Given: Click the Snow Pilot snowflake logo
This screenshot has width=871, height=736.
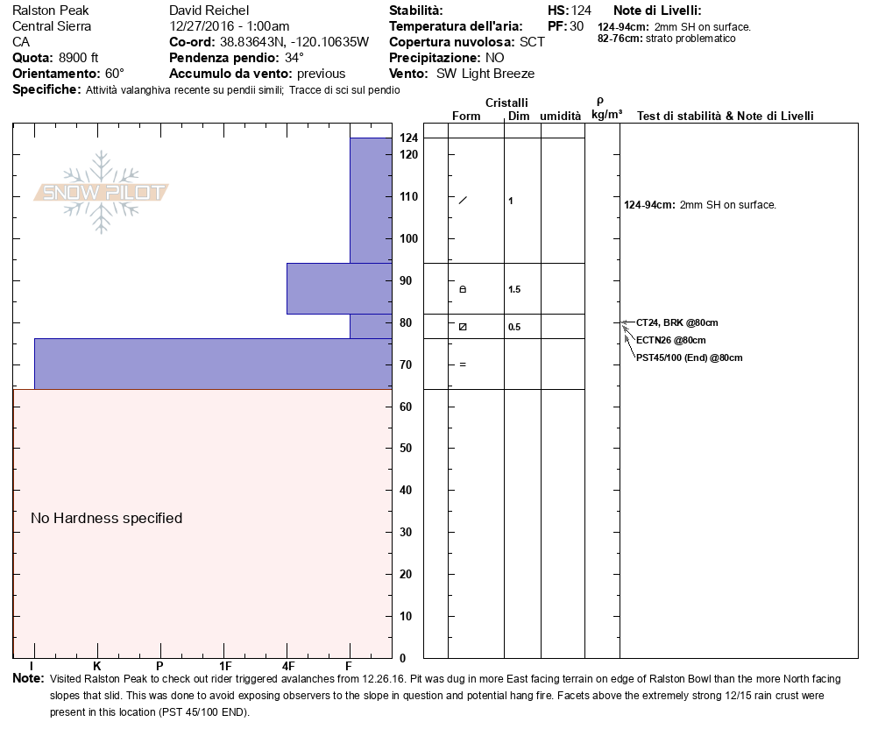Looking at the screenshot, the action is pyautogui.click(x=101, y=192).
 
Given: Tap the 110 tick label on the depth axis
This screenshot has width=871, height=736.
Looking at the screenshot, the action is pyautogui.click(x=409, y=196).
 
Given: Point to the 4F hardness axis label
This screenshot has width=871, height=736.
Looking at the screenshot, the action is pyautogui.click(x=288, y=666).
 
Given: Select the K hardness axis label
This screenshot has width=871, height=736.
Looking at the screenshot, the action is pyautogui.click(x=96, y=666).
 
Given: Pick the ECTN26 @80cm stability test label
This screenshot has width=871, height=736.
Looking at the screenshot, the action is pyautogui.click(x=671, y=340).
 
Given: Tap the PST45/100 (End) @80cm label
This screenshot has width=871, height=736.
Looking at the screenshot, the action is pyautogui.click(x=690, y=357).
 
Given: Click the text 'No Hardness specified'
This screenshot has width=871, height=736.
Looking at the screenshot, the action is pyautogui.click(x=106, y=518).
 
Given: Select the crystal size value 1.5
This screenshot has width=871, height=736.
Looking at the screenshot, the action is pyautogui.click(x=514, y=289).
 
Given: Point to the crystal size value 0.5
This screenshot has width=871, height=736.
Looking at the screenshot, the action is pyautogui.click(x=514, y=327).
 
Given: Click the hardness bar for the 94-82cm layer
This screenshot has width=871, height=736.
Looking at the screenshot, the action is pyautogui.click(x=339, y=289).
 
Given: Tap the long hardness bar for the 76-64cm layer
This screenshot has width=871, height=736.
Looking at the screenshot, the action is pyautogui.click(x=213, y=364).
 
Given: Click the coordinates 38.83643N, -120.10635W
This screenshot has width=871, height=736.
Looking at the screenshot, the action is pyautogui.click(x=294, y=42).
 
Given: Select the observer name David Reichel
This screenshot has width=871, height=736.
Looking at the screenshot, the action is pyautogui.click(x=209, y=11).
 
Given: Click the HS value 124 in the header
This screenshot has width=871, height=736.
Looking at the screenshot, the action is pyautogui.click(x=581, y=11).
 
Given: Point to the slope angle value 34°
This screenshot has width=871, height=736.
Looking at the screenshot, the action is pyautogui.click(x=294, y=58).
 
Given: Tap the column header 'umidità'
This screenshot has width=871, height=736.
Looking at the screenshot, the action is pyautogui.click(x=561, y=116).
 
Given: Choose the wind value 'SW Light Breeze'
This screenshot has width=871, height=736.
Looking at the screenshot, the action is pyautogui.click(x=485, y=74).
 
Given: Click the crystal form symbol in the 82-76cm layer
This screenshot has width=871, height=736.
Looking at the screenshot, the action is pyautogui.click(x=463, y=327).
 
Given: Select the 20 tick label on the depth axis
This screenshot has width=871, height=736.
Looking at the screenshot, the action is pyautogui.click(x=406, y=575).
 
